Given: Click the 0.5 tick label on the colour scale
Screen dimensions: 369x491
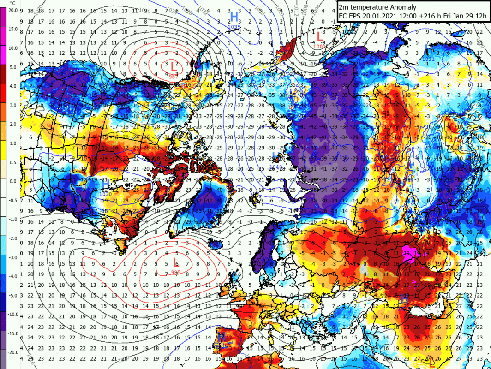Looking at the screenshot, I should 13,162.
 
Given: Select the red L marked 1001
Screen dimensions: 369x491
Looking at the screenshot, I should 318,36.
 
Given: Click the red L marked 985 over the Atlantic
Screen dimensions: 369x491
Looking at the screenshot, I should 175,263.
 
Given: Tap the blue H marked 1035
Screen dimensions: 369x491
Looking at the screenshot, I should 234,18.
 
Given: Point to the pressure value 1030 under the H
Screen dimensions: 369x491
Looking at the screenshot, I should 106,194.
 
